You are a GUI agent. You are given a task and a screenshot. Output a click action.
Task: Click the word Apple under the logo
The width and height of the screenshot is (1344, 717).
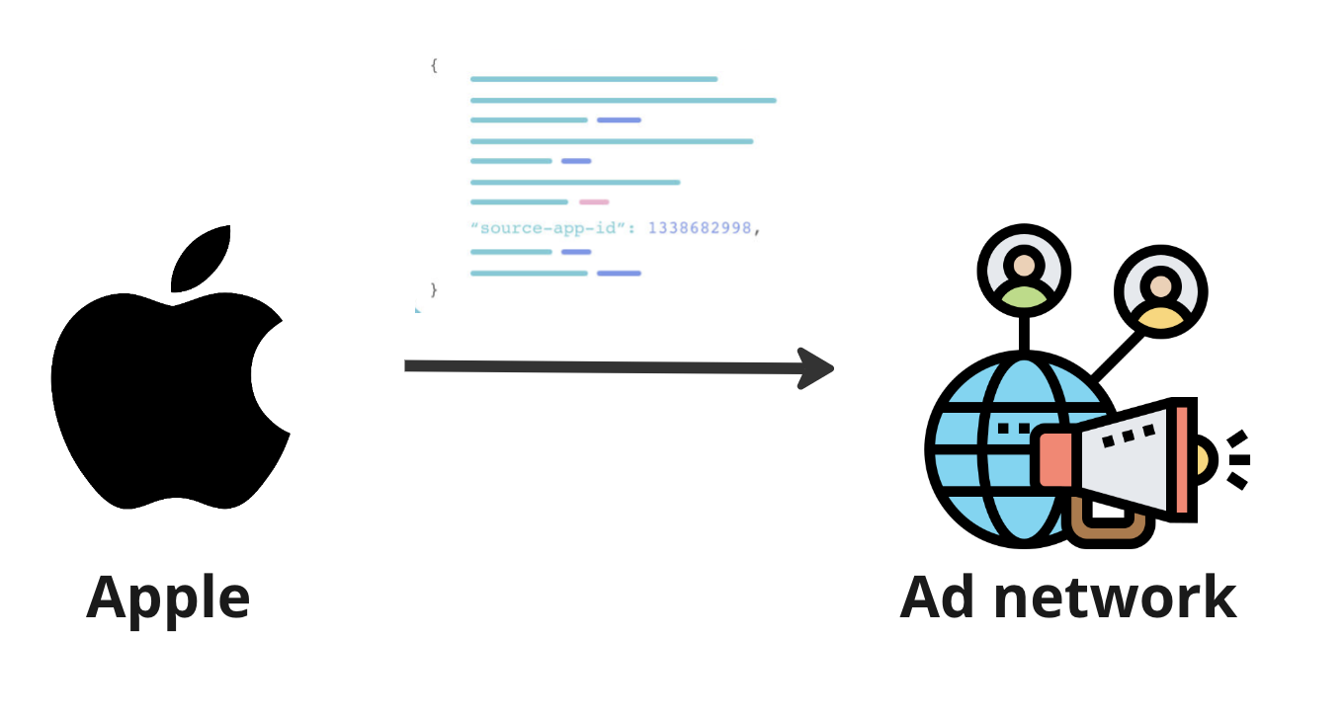coord(168,597)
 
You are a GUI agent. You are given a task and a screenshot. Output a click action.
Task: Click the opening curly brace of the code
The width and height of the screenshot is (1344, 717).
coord(434,66)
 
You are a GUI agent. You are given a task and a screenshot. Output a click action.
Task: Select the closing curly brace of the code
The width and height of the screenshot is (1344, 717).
coord(434,289)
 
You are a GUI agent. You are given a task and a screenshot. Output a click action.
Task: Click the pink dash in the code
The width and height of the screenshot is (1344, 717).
coord(594,201)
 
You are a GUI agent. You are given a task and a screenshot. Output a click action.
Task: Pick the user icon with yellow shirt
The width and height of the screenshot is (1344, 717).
coord(1160,292)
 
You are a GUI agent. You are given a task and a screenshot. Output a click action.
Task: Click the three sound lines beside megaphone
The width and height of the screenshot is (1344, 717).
coord(1236,459)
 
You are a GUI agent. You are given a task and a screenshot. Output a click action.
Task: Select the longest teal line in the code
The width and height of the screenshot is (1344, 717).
coord(623,100)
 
